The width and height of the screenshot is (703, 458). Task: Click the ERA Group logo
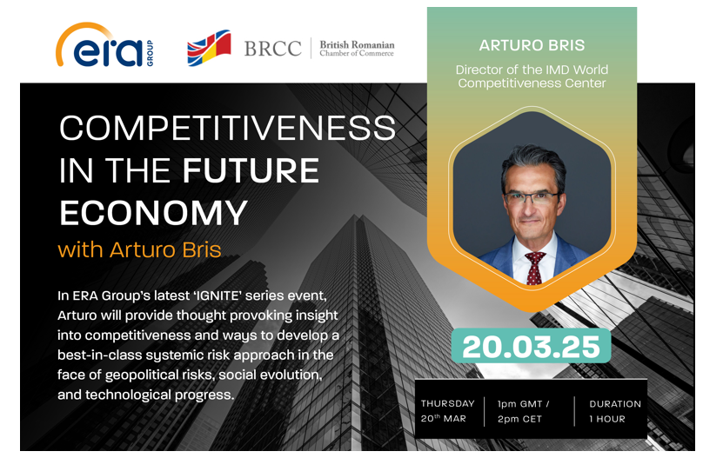pyautogui.click(x=104, y=45)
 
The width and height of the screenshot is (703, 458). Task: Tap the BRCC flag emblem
pyautogui.click(x=209, y=48)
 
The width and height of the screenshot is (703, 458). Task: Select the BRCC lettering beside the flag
pyautogui.click(x=272, y=49)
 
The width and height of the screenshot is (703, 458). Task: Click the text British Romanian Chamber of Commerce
pyautogui.click(x=357, y=49)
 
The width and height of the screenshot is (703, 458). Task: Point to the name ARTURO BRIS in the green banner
pyautogui.click(x=532, y=45)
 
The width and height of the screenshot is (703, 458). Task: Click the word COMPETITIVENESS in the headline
pyautogui.click(x=227, y=128)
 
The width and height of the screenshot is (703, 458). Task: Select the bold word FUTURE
pyautogui.click(x=251, y=170)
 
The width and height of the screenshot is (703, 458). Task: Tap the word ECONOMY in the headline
pyautogui.click(x=153, y=212)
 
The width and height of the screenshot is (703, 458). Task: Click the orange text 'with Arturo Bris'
pyautogui.click(x=139, y=249)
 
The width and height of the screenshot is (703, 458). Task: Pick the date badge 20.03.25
pyautogui.click(x=531, y=346)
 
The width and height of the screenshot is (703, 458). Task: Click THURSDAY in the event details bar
pyautogui.click(x=447, y=403)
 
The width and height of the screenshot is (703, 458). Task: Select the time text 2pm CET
pyautogui.click(x=519, y=419)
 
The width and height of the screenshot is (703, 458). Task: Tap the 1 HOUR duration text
pyautogui.click(x=607, y=419)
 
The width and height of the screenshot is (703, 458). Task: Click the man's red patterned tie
pyautogui.click(x=534, y=269)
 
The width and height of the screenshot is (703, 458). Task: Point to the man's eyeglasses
pyautogui.click(x=532, y=198)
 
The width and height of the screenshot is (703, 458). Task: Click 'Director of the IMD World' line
pyautogui.click(x=532, y=70)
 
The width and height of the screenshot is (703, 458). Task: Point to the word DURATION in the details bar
pyautogui.click(x=615, y=404)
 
